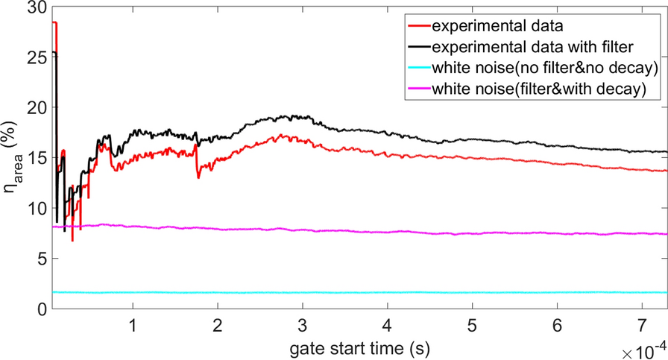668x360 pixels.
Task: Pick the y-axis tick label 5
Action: (x=39, y=259)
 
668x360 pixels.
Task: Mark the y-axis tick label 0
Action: (x=39, y=309)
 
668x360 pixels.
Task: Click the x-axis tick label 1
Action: (x=132, y=326)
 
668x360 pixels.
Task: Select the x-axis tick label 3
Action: (x=302, y=326)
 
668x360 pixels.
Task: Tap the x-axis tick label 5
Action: (x=472, y=326)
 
